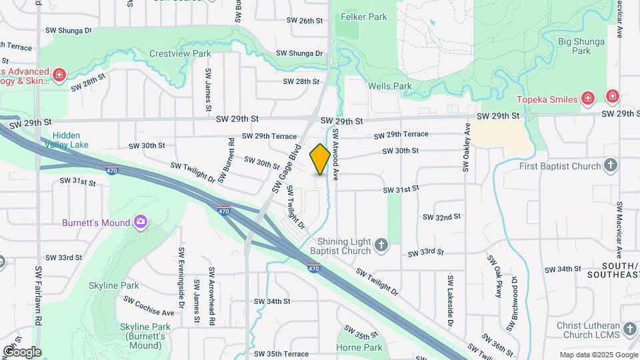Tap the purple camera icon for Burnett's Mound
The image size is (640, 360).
point(140,221)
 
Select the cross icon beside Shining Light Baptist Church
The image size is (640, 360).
point(381,246)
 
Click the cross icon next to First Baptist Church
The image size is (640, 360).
point(611,165)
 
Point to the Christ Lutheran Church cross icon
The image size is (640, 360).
point(630,329)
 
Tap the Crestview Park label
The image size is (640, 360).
point(180,53)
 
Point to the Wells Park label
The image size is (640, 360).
point(390,86)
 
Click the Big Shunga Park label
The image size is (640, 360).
point(574,45)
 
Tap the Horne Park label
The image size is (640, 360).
point(359,347)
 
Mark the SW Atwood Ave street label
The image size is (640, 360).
point(337,159)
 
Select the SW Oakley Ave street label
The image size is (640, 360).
point(467,148)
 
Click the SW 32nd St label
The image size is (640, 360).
point(442,217)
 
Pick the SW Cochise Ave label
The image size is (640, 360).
point(149,305)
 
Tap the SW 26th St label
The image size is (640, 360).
point(306,21)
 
